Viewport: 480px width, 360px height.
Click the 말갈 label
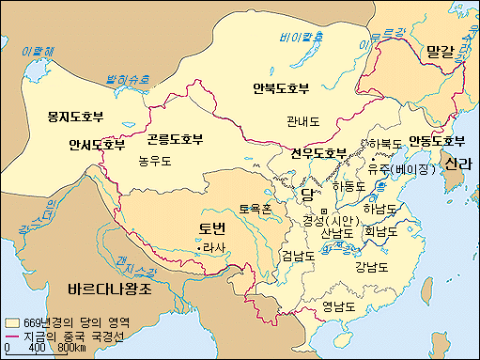click(440, 49)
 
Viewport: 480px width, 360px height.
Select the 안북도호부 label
click(281, 89)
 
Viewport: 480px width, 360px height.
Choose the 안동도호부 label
click(435, 141)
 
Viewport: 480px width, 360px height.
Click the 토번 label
click(212, 229)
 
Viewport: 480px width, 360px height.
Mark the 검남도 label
click(297, 255)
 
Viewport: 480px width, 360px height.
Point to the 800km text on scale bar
click(71, 350)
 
